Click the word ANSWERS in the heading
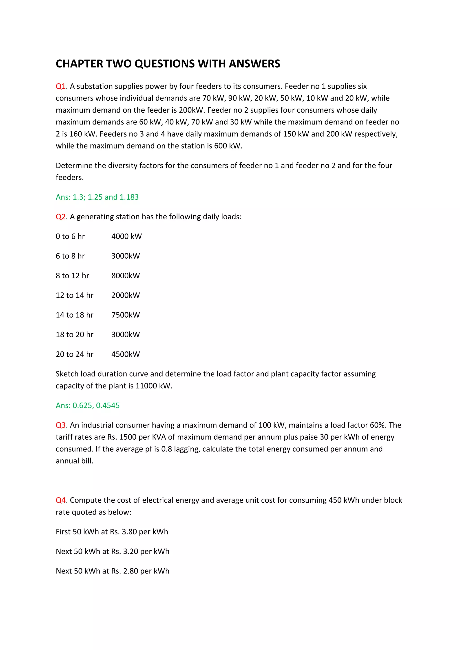(x=254, y=64)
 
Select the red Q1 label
(x=61, y=86)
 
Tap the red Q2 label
(x=61, y=217)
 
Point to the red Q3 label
(x=61, y=425)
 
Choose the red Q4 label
(x=61, y=500)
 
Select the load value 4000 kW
(x=126, y=236)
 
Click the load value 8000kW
(x=126, y=276)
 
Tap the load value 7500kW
(x=126, y=315)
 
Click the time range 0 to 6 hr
(x=70, y=236)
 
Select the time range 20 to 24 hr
(x=75, y=354)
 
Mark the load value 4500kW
(x=126, y=354)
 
